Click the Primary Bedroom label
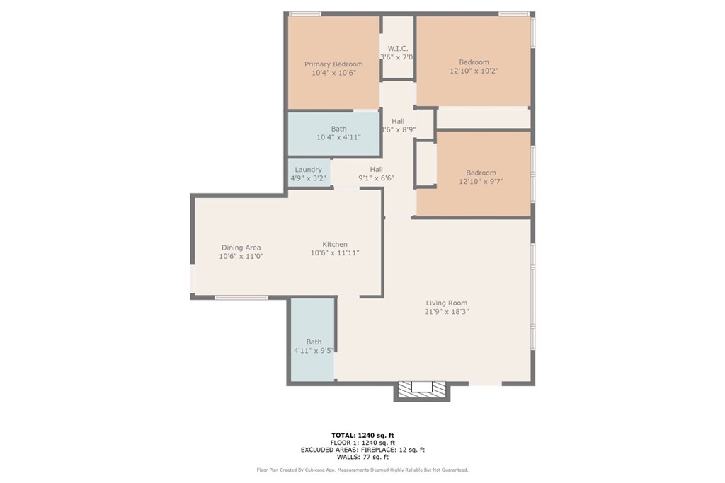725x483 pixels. click(x=333, y=64)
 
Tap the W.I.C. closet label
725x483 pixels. click(x=398, y=49)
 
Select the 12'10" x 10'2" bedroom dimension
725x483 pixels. click(x=474, y=71)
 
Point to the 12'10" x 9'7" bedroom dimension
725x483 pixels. click(x=481, y=182)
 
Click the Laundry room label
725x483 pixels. click(x=309, y=170)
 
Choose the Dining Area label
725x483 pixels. click(x=241, y=248)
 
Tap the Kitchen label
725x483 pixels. click(x=335, y=244)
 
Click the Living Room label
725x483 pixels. click(x=447, y=303)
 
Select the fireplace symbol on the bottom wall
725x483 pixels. click(x=421, y=390)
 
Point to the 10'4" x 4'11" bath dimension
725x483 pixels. click(x=338, y=138)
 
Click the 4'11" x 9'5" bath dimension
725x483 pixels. click(x=314, y=351)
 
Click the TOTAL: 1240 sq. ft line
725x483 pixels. click(x=362, y=435)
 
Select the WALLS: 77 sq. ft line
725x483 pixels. click(x=362, y=457)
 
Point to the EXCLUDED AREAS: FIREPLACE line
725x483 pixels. click(x=362, y=450)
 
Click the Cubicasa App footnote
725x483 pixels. click(x=362, y=470)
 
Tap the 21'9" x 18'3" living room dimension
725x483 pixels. click(x=447, y=312)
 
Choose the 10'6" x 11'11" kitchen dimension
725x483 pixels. click(x=335, y=253)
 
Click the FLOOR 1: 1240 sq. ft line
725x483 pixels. click(x=362, y=443)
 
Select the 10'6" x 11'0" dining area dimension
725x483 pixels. click(x=241, y=256)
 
